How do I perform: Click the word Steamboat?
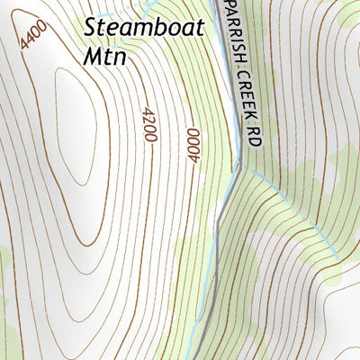145,28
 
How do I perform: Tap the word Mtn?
105,55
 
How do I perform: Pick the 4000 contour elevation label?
193,145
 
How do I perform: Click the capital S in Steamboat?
91,27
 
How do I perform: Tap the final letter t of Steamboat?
200,28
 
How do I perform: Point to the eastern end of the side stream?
337,259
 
